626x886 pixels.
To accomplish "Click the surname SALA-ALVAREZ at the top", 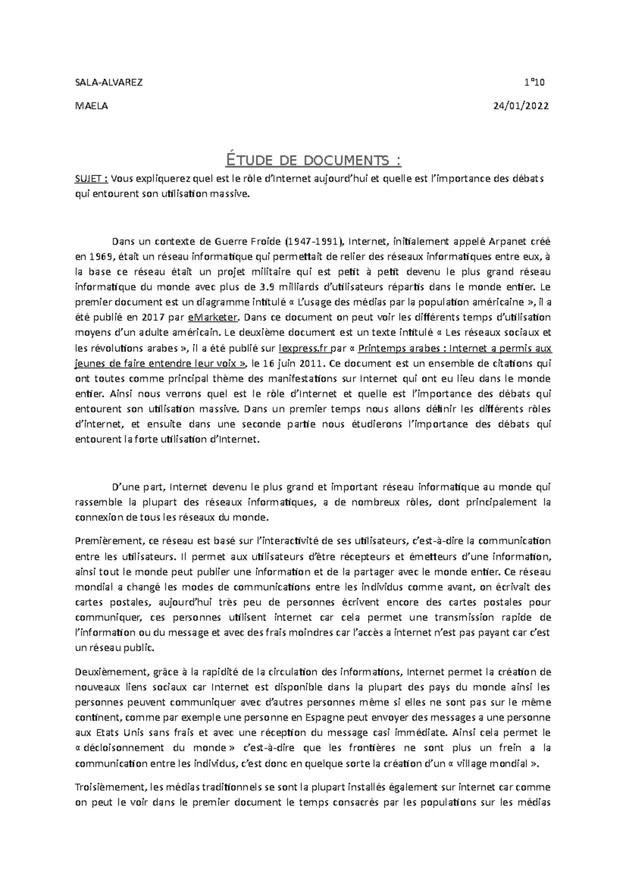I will pyautogui.click(x=109, y=82).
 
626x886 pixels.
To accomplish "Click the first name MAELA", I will pyautogui.click(x=92, y=106).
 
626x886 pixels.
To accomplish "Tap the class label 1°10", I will pyautogui.click(x=534, y=82).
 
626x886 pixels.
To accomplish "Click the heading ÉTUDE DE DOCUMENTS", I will pyautogui.click(x=313, y=159).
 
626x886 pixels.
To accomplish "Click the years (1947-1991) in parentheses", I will pyautogui.click(x=315, y=242).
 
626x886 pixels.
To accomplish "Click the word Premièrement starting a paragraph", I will pyautogui.click(x=106, y=541).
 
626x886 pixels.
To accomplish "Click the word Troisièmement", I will pyautogui.click(x=110, y=787).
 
